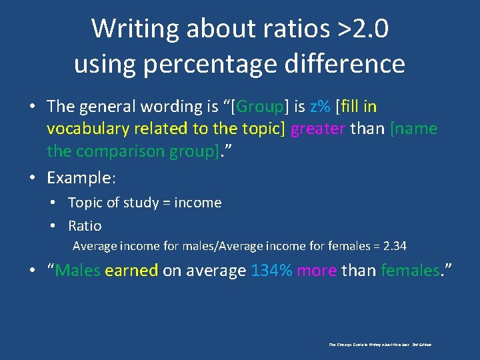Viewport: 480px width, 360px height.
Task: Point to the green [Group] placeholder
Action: point(262,107)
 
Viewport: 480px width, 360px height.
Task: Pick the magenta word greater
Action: point(318,129)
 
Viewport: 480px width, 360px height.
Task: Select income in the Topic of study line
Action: point(197,203)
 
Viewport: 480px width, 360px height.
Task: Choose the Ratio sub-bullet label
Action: point(85,226)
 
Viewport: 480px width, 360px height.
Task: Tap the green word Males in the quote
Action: point(77,270)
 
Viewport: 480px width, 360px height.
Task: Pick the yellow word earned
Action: point(131,270)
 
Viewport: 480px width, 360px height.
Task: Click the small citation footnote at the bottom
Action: point(381,345)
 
